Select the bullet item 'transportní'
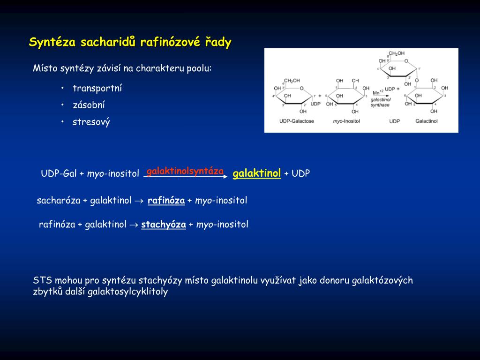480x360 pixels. point(97,89)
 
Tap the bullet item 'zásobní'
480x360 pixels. point(89,105)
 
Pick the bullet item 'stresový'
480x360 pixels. point(91,123)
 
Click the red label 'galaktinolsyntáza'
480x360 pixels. point(185,171)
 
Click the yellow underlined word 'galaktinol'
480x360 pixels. point(256,174)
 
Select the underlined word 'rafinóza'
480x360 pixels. point(166,201)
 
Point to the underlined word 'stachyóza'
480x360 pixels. point(164,225)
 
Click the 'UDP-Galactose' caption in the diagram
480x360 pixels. point(296,121)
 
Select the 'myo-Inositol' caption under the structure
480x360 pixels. point(346,121)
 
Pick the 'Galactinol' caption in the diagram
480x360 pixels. point(426,121)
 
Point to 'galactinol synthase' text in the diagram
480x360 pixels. point(380,103)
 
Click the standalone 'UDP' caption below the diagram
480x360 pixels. point(394,121)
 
